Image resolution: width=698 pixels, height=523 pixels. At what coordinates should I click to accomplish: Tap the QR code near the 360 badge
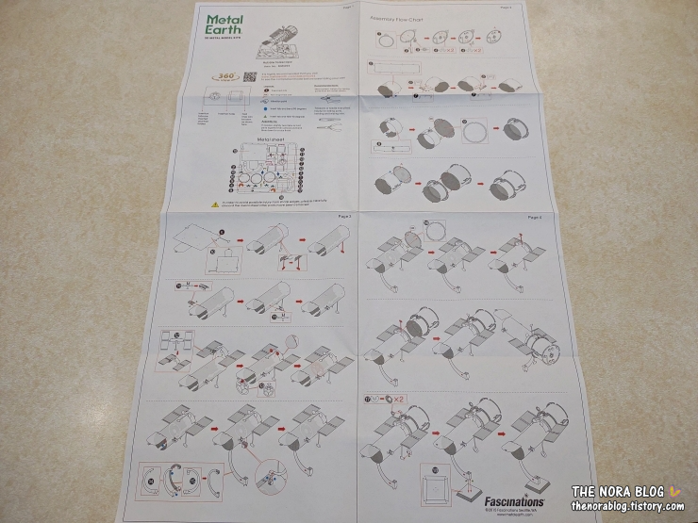click(x=250, y=75)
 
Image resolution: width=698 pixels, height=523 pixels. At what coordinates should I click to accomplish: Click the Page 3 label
click(x=344, y=218)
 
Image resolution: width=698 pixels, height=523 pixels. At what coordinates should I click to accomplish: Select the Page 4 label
click(x=535, y=218)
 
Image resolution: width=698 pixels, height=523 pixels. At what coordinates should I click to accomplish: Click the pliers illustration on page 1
click(x=326, y=134)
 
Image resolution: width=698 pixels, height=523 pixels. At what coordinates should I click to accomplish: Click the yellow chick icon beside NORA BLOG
click(x=673, y=490)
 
